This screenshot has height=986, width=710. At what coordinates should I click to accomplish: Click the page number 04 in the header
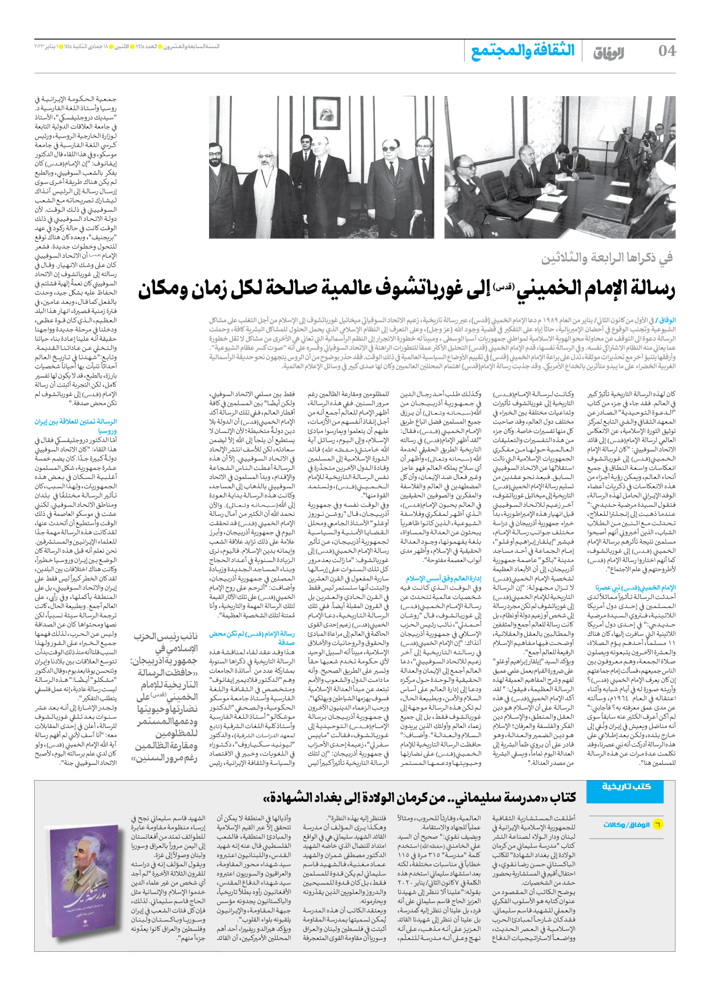tap(667, 51)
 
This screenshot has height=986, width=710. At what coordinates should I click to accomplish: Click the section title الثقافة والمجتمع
tap(523, 51)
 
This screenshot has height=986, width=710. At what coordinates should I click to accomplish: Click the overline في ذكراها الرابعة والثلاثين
tap(607, 259)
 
